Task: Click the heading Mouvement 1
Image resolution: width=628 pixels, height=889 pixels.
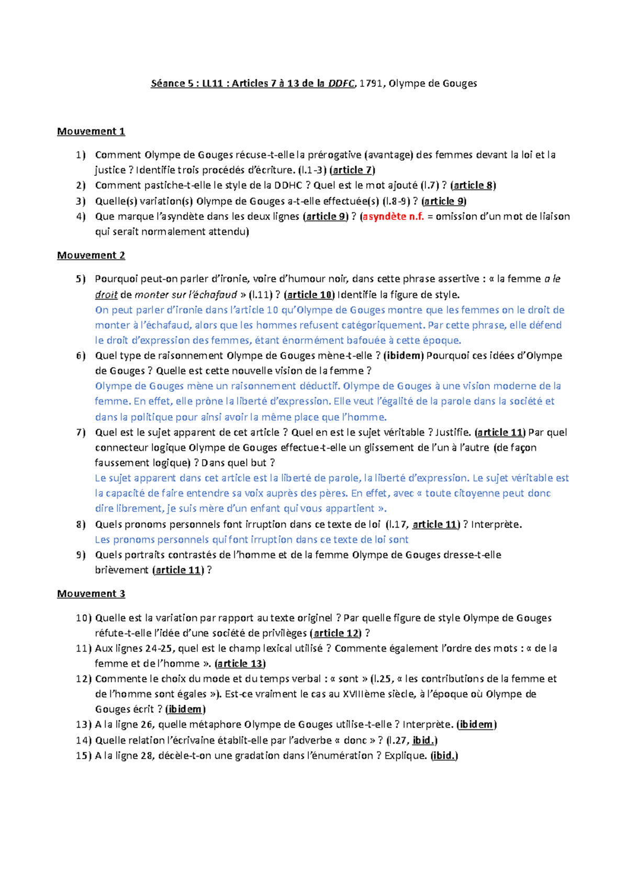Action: point(91,131)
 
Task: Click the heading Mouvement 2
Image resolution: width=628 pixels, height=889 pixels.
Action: point(91,255)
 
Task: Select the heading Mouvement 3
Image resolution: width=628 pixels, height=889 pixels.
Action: point(91,594)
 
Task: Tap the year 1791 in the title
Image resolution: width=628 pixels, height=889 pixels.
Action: point(371,83)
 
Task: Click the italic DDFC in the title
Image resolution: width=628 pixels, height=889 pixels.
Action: point(341,83)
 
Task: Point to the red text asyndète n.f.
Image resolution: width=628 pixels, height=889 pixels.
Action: point(393,217)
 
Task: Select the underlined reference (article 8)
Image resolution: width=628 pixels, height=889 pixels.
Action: point(473,185)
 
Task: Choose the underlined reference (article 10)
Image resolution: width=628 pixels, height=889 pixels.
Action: point(310,295)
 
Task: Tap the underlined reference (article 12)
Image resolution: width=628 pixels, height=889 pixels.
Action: point(336,633)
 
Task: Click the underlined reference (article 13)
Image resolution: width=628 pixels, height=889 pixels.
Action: point(240,664)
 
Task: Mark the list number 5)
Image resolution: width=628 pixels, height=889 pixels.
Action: point(81,279)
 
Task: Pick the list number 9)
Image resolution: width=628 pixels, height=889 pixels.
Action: point(81,555)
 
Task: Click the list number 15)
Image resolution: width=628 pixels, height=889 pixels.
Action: point(83,755)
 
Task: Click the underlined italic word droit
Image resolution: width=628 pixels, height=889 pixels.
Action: point(106,295)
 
